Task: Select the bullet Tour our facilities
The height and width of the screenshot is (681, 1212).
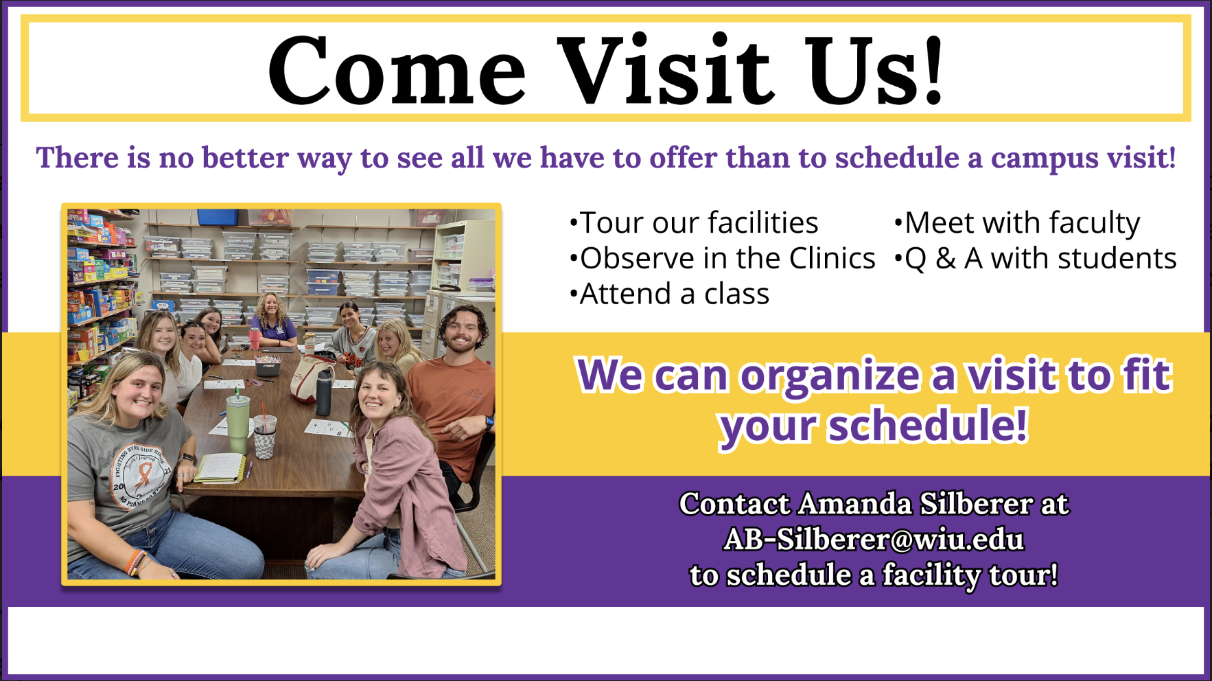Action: coord(694,222)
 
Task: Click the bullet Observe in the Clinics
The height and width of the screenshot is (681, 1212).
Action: coord(722,258)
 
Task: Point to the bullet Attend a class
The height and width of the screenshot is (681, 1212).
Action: coord(669,294)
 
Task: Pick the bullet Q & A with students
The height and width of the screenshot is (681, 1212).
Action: coord(1035,258)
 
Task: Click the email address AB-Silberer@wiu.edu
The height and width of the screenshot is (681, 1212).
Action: coord(874,540)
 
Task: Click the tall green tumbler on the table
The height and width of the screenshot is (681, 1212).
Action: coord(238,423)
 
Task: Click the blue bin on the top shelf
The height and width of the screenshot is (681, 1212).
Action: coord(218,216)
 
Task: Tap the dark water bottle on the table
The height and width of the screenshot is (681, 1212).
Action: coord(324,391)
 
